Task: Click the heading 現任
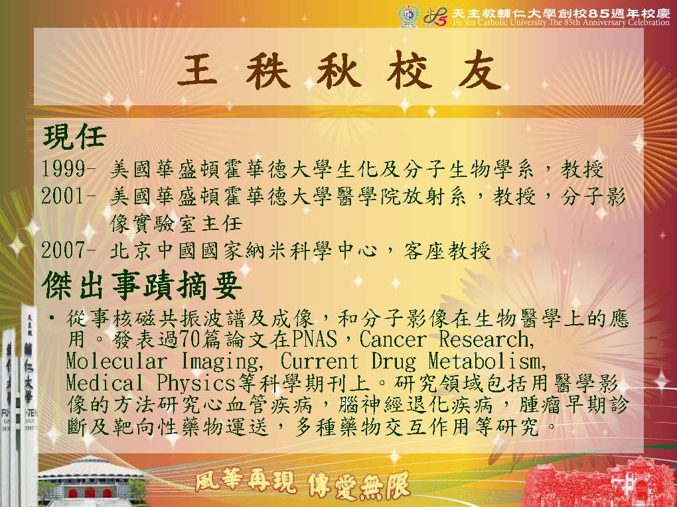tap(74, 137)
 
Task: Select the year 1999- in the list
tap(68, 168)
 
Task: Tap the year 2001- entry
tap(68, 196)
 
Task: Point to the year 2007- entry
tap(68, 250)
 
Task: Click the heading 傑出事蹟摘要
tap(141, 285)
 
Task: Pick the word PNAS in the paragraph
tap(314, 339)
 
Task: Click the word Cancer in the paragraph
tap(392, 339)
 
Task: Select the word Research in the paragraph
tap(487, 339)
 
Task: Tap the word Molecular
tap(116, 361)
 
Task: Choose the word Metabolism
tap(487, 361)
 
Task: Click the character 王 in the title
tap(197, 70)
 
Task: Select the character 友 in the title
tap(479, 70)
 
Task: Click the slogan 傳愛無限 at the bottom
tap(359, 485)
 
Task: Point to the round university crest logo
tap(408, 17)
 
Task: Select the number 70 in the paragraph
tap(189, 339)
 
